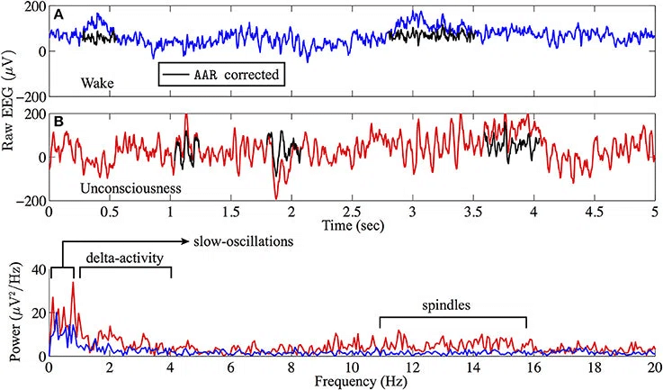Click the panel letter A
58,14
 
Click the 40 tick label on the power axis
36,269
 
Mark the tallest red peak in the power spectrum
73,284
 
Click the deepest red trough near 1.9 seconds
275,197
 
